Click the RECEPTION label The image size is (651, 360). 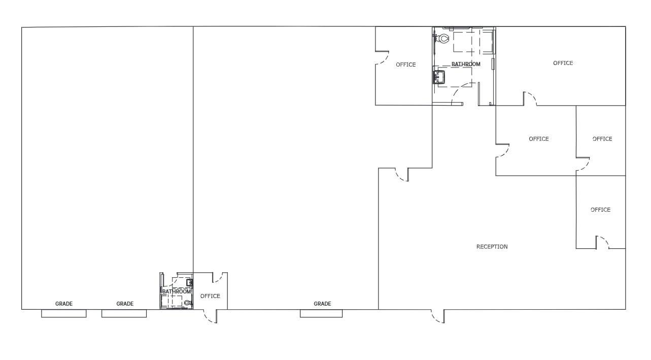pyautogui.click(x=492, y=247)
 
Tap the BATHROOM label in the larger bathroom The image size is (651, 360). pyautogui.click(x=466, y=64)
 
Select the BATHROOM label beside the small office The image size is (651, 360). pyautogui.click(x=177, y=291)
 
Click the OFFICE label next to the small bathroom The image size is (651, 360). pyautogui.click(x=210, y=296)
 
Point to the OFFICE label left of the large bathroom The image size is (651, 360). pyautogui.click(x=406, y=64)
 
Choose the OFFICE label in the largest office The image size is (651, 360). pyautogui.click(x=563, y=63)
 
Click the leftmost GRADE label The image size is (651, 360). pyautogui.click(x=64, y=304)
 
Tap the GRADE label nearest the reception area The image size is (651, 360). pyautogui.click(x=322, y=304)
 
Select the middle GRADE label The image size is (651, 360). pyautogui.click(x=125, y=304)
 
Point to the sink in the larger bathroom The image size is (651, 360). pyautogui.click(x=439, y=77)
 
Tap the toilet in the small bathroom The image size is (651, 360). pyautogui.click(x=188, y=303)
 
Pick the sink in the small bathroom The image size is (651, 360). pyautogui.click(x=189, y=282)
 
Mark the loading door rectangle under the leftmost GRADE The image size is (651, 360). pyautogui.click(x=63, y=313)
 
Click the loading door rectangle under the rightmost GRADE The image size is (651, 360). pyautogui.click(x=321, y=313)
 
